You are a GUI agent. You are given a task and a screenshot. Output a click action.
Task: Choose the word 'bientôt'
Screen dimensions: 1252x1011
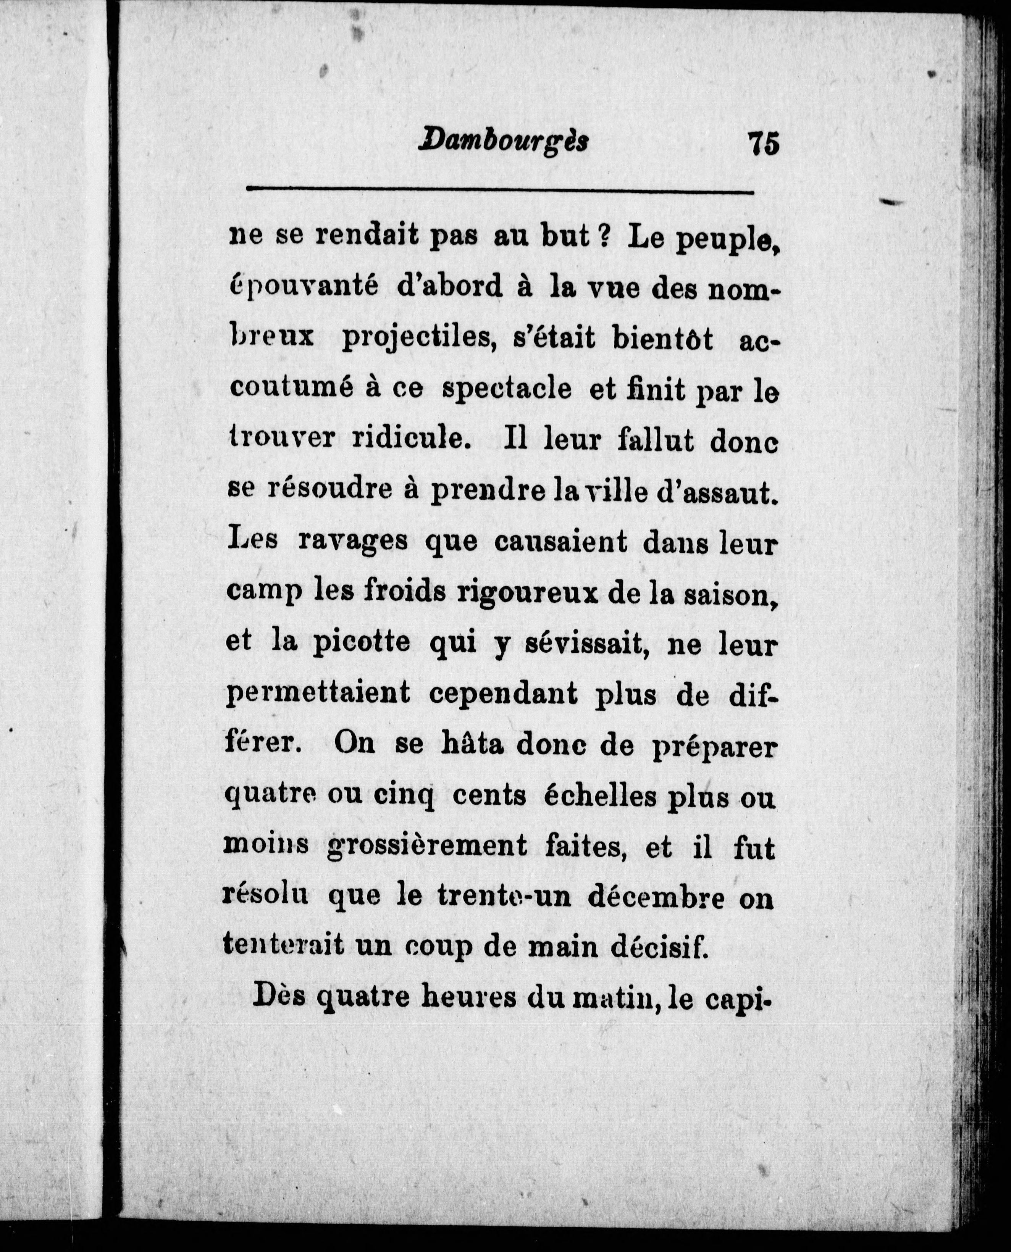pyautogui.click(x=662, y=338)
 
